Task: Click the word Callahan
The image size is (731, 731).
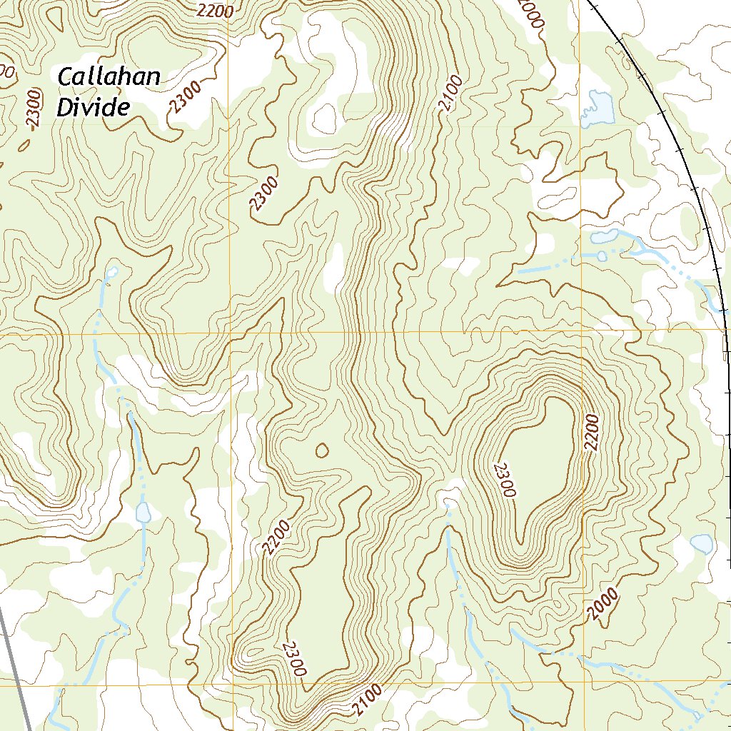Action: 109,77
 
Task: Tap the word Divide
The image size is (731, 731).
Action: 94,108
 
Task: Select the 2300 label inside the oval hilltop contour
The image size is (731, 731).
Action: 504,479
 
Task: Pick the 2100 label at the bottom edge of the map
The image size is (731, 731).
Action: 367,700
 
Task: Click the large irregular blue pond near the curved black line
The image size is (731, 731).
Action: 598,109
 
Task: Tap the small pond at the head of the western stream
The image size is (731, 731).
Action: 112,272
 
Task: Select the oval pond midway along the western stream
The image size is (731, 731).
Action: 143,512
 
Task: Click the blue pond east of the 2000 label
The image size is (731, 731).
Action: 702,544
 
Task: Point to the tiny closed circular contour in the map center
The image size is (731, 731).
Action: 322,450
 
